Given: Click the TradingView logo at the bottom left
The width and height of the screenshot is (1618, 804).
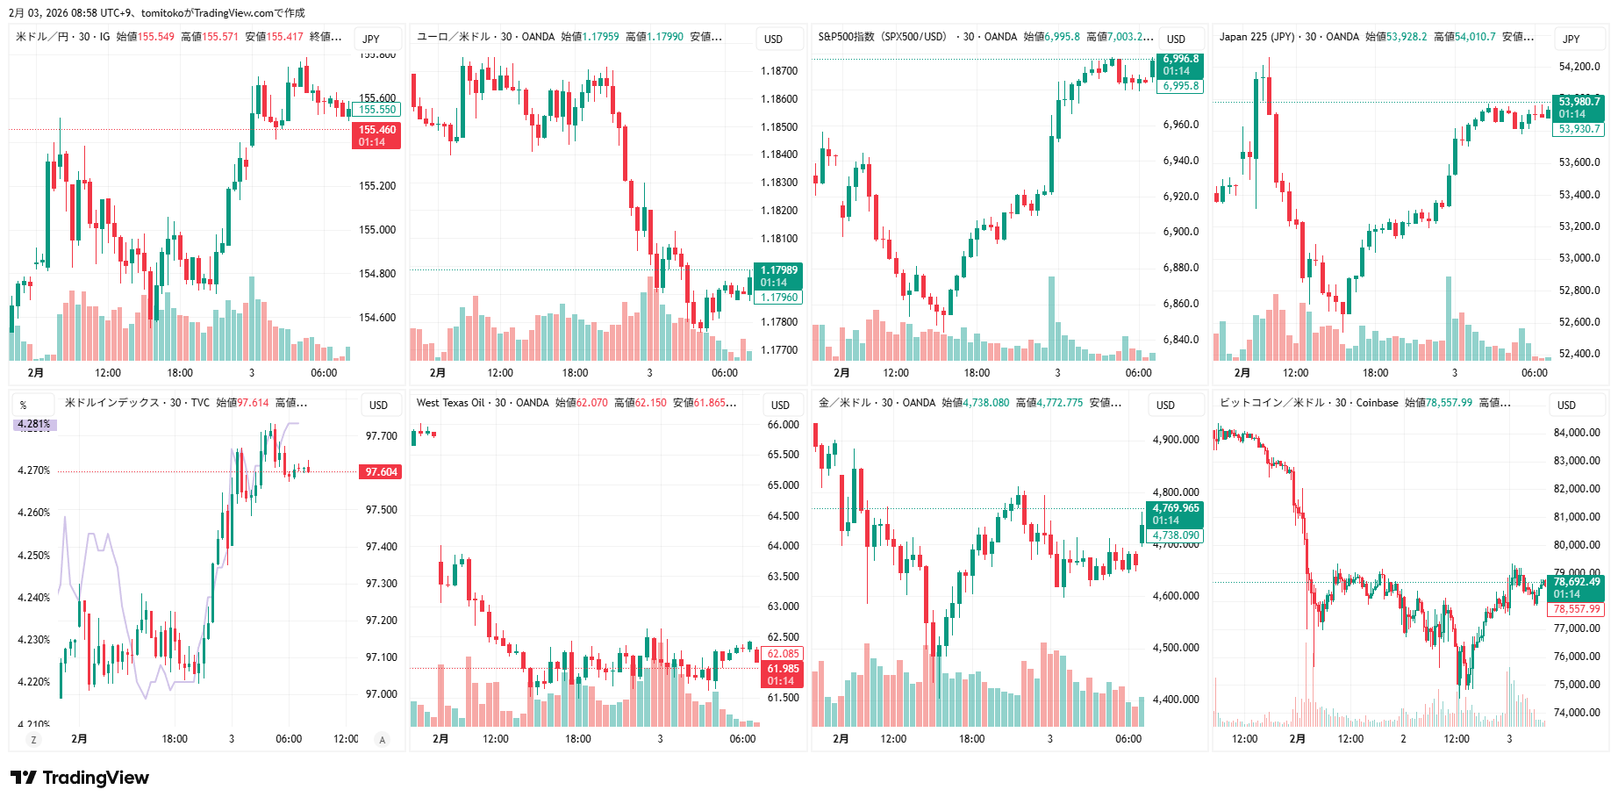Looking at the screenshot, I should click(80, 778).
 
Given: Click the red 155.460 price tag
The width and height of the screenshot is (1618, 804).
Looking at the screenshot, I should click(376, 135).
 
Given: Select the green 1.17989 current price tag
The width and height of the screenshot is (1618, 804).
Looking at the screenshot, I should click(778, 276).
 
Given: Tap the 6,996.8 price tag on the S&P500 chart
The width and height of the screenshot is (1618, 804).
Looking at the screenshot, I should click(1181, 65).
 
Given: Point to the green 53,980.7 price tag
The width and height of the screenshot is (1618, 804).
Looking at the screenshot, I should click(1578, 107).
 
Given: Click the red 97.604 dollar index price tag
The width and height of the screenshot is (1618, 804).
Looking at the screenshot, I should click(381, 472).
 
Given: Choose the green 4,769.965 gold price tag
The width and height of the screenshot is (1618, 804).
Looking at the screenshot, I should click(1175, 513).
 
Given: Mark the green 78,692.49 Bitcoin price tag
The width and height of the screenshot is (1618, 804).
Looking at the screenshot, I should click(1576, 587).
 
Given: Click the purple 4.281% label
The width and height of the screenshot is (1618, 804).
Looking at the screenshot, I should click(35, 424).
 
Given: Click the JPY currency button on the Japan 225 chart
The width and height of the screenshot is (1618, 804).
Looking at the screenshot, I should click(1571, 39).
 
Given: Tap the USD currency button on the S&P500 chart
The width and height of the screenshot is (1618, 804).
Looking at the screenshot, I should click(1176, 39).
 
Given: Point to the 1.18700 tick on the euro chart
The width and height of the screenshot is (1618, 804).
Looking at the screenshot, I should click(779, 71).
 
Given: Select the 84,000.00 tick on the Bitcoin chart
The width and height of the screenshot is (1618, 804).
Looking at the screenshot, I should click(1577, 433).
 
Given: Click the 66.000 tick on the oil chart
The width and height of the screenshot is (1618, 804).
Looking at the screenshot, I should click(783, 425).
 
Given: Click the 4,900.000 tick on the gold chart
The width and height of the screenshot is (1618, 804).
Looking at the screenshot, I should click(1176, 440).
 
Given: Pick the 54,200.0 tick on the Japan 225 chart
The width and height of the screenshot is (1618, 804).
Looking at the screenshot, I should click(1579, 67).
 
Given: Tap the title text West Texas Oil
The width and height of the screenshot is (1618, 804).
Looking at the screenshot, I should click(450, 403).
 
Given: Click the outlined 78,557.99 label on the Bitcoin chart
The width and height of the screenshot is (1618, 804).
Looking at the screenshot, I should click(1577, 609).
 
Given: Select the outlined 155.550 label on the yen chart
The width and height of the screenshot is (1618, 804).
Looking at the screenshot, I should click(377, 110).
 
